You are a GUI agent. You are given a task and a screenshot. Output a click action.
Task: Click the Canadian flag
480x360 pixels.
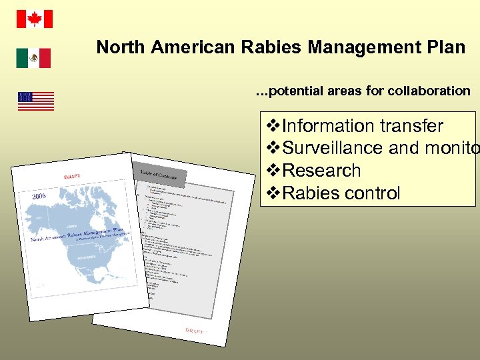pyautogui.click(x=34, y=19)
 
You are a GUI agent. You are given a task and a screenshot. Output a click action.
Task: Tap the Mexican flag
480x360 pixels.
pyautogui.click(x=33, y=58)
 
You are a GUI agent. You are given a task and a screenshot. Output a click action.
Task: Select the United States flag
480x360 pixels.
pyautogui.click(x=35, y=101)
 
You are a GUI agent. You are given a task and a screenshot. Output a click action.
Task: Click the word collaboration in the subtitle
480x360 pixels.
pyautogui.click(x=433, y=91)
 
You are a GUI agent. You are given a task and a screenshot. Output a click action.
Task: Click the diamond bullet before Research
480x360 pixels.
pyautogui.click(x=273, y=171)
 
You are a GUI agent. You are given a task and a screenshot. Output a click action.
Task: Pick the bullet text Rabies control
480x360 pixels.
pyautogui.click(x=341, y=193)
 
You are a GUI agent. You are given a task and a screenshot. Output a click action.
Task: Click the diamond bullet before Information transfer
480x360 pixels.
pyautogui.click(x=273, y=125)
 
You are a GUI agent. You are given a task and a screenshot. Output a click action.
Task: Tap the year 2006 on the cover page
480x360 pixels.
pyautogui.click(x=39, y=196)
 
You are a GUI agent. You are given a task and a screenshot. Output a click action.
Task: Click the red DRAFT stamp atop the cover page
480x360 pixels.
pyautogui.click(x=73, y=175)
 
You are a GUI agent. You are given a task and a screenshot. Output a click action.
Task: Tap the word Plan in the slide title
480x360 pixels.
pyautogui.click(x=448, y=47)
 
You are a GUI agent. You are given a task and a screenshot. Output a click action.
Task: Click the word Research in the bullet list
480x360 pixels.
pyautogui.click(x=322, y=171)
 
